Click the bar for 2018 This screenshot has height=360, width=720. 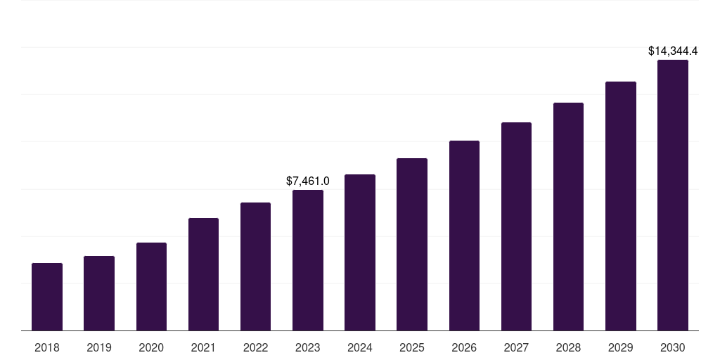(x=47, y=297)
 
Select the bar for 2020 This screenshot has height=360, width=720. (x=151, y=287)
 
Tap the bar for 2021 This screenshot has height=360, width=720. (x=203, y=274)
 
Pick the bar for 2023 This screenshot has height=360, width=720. (x=308, y=260)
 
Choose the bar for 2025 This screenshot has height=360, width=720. (x=412, y=245)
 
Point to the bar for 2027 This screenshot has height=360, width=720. (x=516, y=226)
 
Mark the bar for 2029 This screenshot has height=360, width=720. (x=620, y=206)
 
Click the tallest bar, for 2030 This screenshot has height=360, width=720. (x=673, y=195)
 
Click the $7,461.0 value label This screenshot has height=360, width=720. (x=308, y=181)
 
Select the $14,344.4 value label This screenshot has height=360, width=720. (x=673, y=51)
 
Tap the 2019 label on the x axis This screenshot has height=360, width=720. (x=99, y=348)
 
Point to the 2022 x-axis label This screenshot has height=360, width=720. (x=255, y=348)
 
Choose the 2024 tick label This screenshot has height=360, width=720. (x=360, y=348)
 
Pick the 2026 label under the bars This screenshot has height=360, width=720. (x=464, y=348)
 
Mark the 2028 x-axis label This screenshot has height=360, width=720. (x=568, y=348)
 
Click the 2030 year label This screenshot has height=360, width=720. (x=673, y=348)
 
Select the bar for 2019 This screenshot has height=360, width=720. (x=99, y=293)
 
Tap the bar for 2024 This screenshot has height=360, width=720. (x=360, y=252)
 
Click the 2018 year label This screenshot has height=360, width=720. (x=47, y=348)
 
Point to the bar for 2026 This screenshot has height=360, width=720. (x=464, y=236)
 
